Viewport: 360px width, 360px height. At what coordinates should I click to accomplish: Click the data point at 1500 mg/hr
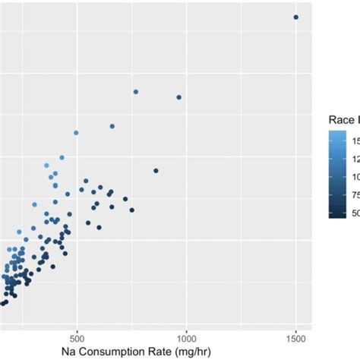pos(296,17)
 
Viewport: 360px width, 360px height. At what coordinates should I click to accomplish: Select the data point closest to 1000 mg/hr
pos(179,97)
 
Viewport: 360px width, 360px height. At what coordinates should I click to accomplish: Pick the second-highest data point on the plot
pos(136,92)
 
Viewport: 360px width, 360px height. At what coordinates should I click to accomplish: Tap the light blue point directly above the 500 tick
pos(76,133)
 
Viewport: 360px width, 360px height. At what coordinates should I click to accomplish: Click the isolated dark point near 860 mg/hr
pos(156,171)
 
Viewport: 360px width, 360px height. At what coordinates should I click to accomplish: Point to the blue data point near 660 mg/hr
pos(112,126)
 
